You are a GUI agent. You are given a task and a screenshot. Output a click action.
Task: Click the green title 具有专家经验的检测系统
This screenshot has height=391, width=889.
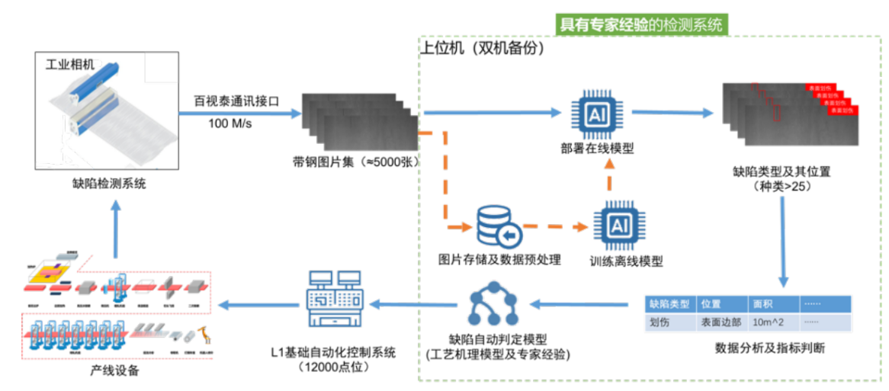pos(640,24)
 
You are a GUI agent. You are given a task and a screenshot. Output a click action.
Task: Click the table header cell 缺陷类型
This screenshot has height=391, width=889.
pos(669,303)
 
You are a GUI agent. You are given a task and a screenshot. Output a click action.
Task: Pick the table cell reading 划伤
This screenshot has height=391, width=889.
pos(660,322)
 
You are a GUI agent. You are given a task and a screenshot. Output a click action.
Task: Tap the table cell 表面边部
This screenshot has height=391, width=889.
pos(721,322)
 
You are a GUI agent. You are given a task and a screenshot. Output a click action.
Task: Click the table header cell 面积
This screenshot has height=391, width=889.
pos(763,303)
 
